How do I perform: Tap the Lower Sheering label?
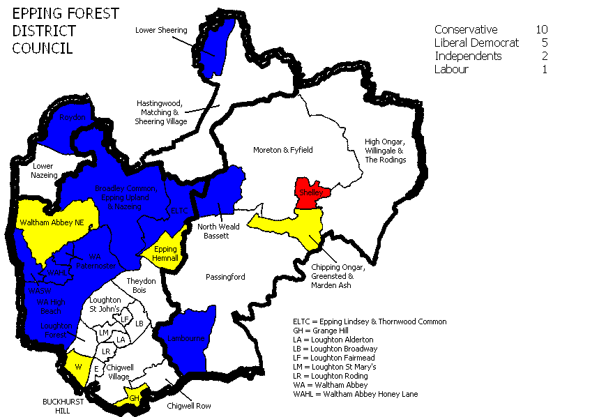[161, 30]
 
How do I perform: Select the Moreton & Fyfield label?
[282, 150]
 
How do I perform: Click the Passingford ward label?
[225, 277]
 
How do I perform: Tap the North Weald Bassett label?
[218, 231]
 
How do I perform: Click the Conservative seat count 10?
[542, 29]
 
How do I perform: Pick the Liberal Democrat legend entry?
[476, 43]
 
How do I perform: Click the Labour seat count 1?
[544, 69]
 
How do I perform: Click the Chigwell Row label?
[189, 405]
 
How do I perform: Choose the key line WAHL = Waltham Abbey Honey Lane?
[356, 394]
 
